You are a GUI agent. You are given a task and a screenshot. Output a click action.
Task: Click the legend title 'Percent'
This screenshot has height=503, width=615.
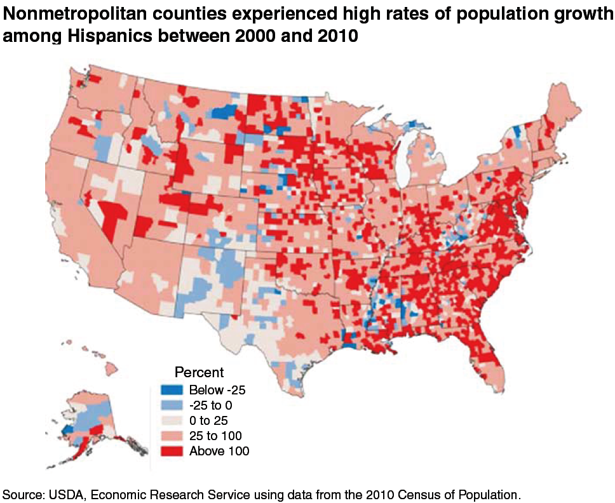(x=199, y=372)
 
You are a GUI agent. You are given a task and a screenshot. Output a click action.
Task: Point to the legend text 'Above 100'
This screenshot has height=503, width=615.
(x=219, y=451)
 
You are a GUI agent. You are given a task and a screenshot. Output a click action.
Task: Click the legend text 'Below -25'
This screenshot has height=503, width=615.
(x=218, y=389)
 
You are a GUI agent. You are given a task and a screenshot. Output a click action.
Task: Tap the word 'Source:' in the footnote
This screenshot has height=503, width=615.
(x=22, y=493)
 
